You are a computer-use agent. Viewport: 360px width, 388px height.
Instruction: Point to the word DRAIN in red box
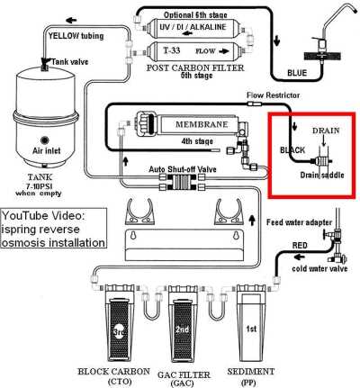pos(327,131)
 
